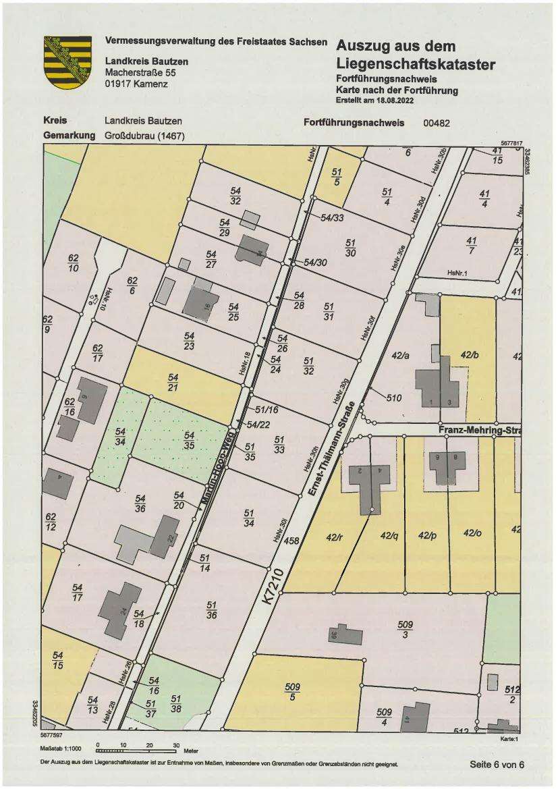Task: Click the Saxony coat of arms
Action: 67,62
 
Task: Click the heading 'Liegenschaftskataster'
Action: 415,65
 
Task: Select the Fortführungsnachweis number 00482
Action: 436,123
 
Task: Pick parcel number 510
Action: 394,398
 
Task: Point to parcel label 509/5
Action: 293,691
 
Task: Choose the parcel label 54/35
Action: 189,440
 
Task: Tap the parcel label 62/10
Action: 74,263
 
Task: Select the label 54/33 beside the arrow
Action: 332,217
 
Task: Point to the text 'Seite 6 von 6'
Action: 497,764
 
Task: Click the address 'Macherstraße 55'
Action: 140,73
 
